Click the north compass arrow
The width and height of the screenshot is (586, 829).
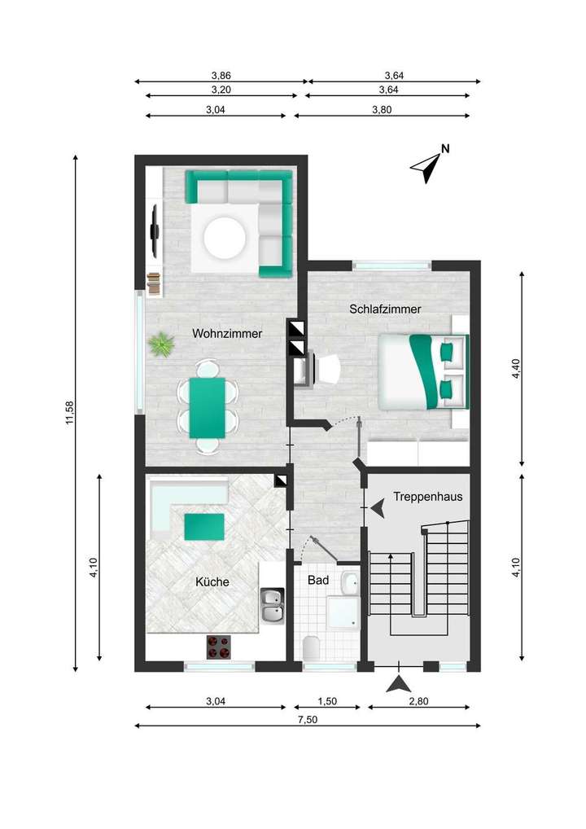[428, 166]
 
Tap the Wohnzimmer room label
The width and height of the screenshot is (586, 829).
[227, 333]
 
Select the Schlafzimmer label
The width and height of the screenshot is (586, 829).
[385, 309]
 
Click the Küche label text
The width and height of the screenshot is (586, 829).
[212, 582]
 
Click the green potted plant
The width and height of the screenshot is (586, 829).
[162, 345]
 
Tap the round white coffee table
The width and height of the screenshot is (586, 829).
[225, 237]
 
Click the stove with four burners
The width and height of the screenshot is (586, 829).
[219, 647]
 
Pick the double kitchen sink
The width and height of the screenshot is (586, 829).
[272, 607]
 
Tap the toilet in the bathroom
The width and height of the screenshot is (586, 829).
[311, 649]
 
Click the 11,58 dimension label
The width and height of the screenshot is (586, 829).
[71, 413]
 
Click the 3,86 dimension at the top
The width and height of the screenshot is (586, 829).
[220, 75]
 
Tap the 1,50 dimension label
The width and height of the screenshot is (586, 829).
[326, 700]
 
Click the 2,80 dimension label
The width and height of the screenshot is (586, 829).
[423, 700]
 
